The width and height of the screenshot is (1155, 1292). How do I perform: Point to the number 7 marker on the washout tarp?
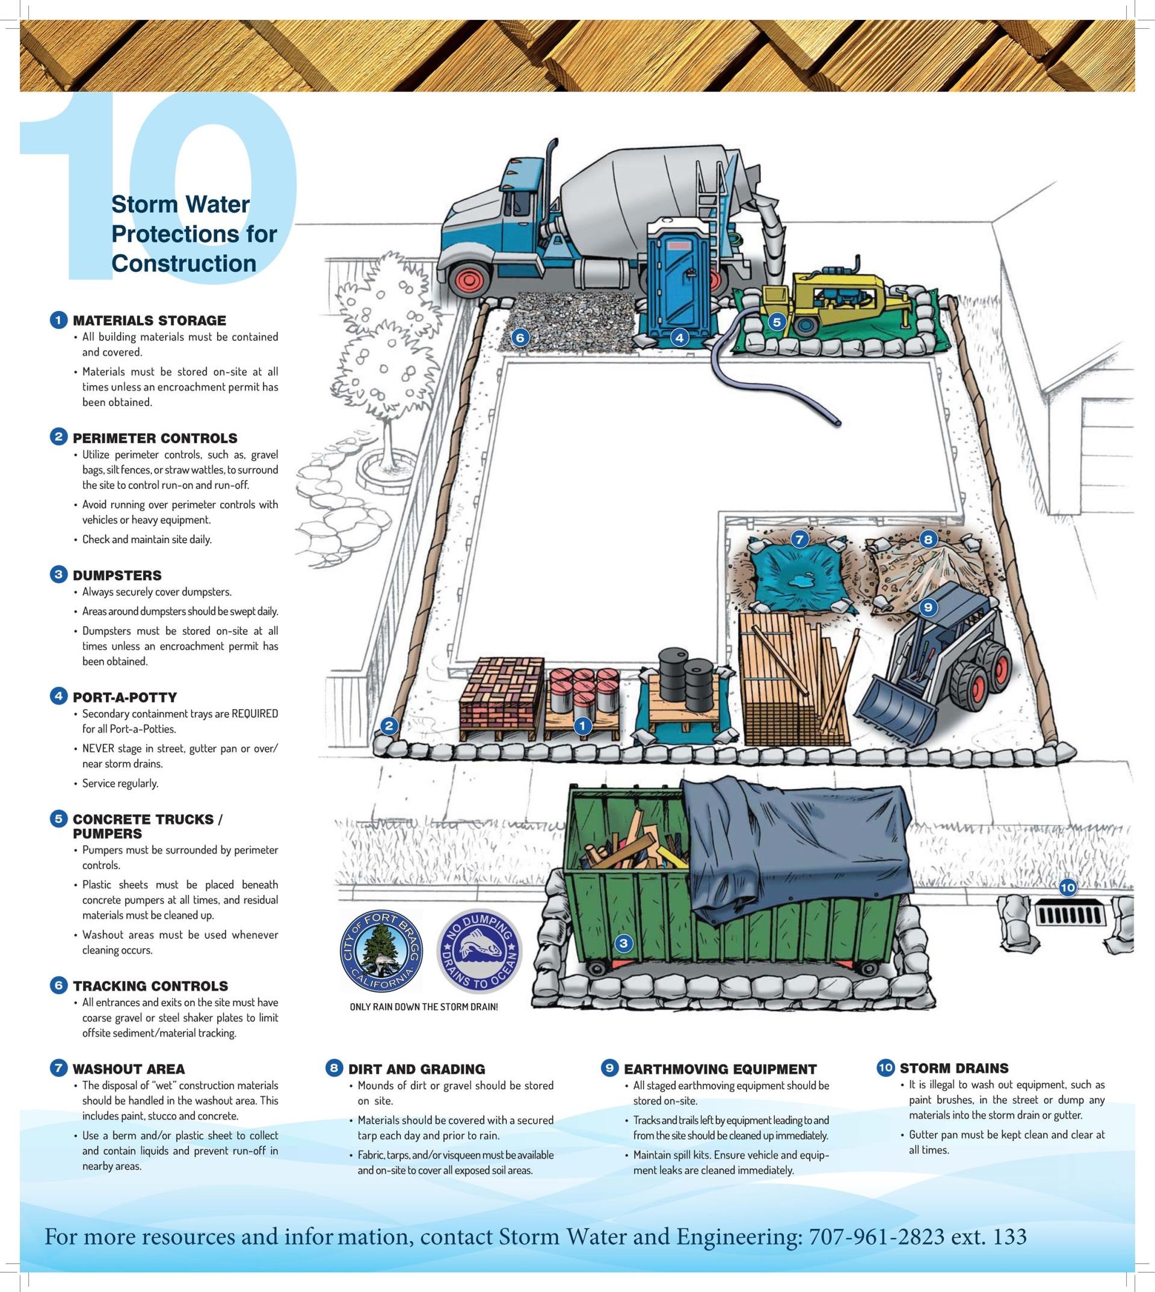(799, 540)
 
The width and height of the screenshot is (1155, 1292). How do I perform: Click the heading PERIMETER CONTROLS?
(155, 438)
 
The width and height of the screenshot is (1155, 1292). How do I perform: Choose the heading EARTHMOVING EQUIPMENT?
(720, 1069)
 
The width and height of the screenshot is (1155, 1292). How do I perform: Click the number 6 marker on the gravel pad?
(520, 337)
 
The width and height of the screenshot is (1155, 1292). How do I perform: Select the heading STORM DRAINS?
(954, 1068)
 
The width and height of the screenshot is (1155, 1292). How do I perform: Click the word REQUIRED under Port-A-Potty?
(254, 713)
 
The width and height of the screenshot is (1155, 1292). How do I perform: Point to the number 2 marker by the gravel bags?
(389, 727)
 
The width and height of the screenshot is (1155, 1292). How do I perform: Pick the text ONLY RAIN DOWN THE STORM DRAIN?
(424, 1006)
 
